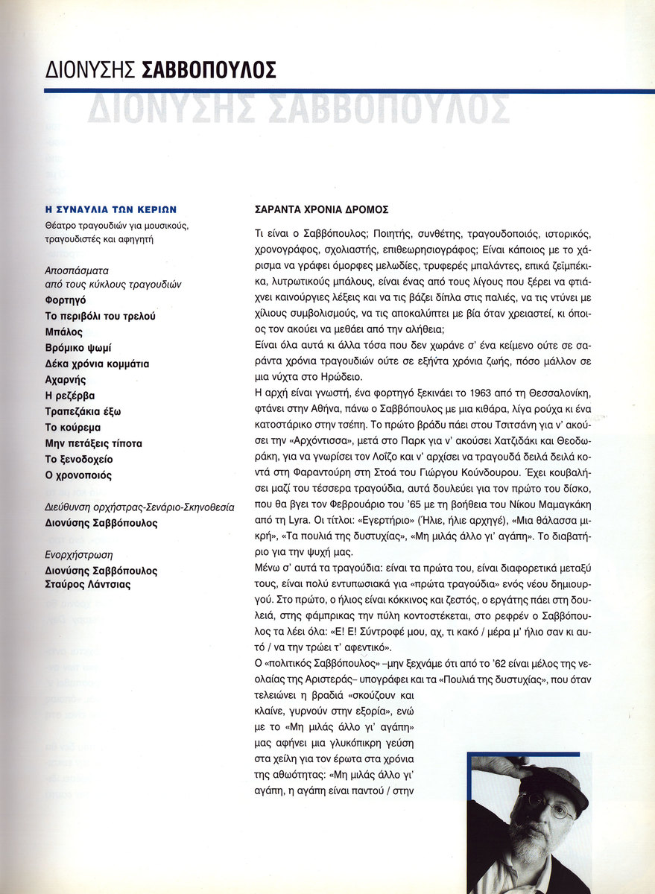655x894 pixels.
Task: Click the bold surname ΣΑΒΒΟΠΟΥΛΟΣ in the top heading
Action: [x=208, y=71]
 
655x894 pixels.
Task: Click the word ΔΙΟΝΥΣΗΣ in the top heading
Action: [x=90, y=71]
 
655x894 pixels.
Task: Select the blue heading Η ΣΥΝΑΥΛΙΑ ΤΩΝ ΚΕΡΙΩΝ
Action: [x=111, y=210]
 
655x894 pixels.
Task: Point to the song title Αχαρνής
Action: [x=66, y=380]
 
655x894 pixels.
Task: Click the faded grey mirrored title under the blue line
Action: [x=298, y=109]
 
